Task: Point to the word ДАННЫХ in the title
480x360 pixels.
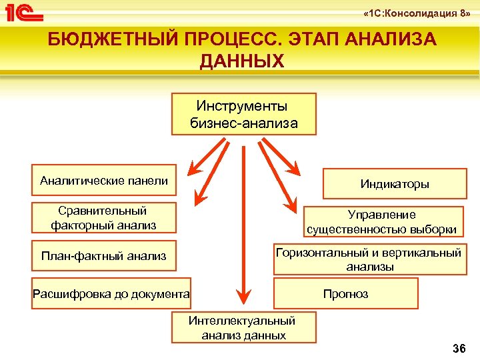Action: coord(241,61)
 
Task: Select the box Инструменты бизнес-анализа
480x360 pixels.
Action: coord(243,114)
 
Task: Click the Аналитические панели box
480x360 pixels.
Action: coord(104,180)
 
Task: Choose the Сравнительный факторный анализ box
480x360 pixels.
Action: coord(104,218)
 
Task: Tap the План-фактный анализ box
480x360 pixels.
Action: coord(104,256)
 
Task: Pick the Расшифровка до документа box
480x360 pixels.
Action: coord(111,293)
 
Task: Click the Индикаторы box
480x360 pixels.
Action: coord(395,184)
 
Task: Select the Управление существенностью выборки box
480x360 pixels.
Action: coord(382,222)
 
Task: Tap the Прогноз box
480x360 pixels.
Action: coord(345,293)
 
